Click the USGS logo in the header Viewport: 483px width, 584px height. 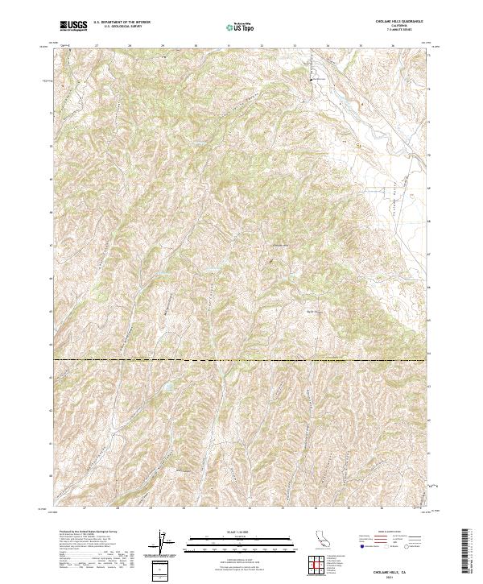(75, 27)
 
